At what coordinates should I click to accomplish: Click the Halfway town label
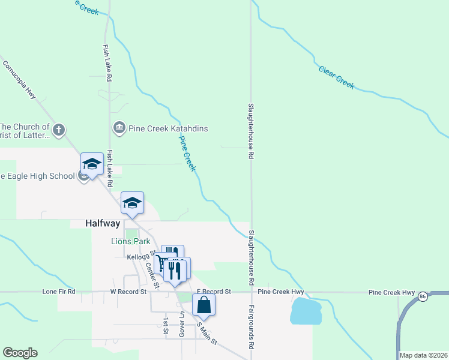point(95,223)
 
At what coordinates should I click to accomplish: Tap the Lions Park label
point(129,241)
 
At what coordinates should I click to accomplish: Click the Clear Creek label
point(337,77)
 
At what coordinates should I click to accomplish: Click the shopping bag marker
point(204,305)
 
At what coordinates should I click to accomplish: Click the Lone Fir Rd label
point(59,292)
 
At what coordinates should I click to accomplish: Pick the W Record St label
point(128,292)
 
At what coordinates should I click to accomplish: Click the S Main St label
point(207,334)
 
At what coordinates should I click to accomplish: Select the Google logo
point(20,353)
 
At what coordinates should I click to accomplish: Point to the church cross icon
point(58,129)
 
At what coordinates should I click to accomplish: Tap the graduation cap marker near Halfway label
point(132,203)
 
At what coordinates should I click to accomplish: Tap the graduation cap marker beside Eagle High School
point(92,164)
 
